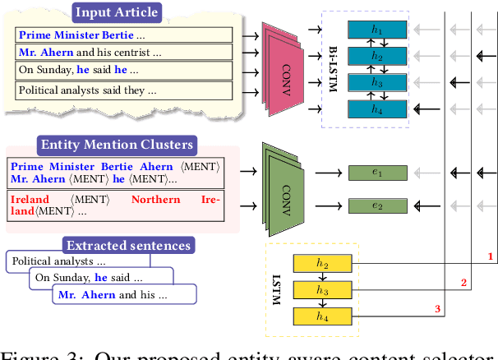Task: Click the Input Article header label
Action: tap(116, 12)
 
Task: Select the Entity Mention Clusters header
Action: tap(117, 145)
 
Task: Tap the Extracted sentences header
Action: tap(128, 245)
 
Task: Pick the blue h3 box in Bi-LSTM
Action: tap(376, 83)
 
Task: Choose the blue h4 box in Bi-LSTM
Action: tap(376, 108)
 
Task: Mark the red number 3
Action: tap(437, 309)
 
